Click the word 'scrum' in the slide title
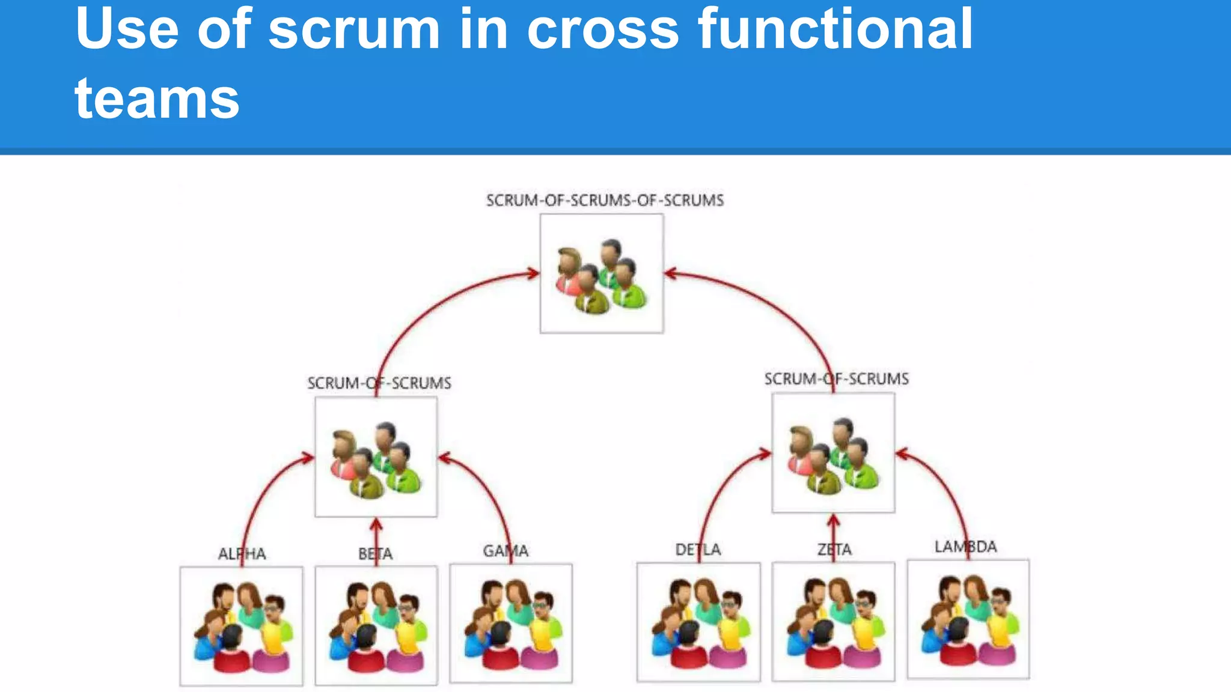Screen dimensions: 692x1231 coord(354,30)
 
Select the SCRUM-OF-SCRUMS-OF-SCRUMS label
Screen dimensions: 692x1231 coord(605,201)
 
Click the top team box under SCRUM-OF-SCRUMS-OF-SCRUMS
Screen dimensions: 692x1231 coord(602,274)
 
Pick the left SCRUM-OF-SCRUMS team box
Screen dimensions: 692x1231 coord(376,457)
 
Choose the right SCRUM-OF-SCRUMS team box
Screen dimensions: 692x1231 coord(833,453)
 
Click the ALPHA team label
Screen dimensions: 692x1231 coord(242,554)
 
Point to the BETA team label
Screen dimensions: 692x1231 coord(376,554)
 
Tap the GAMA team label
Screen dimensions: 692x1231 coord(506,551)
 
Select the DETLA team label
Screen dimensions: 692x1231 coord(698,550)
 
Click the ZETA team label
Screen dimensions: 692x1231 coord(834,550)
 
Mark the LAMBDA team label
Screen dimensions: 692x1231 coord(965,547)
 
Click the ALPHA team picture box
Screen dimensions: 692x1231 coord(242,626)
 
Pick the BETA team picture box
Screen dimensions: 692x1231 coord(376,625)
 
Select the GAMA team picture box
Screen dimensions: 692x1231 coord(511,623)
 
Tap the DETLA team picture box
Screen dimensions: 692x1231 coord(698,622)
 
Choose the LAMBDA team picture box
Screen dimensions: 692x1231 coord(968,619)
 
